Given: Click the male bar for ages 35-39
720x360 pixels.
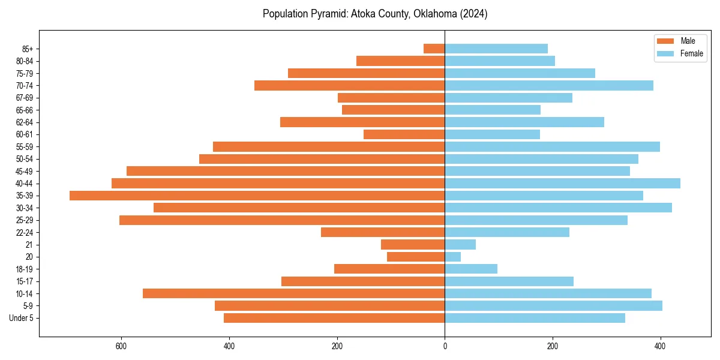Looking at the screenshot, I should (x=257, y=196).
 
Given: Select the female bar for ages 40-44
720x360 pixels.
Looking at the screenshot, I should (x=562, y=184).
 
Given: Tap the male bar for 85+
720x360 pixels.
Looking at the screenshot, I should (x=434, y=49).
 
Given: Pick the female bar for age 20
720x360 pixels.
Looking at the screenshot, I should (x=453, y=257).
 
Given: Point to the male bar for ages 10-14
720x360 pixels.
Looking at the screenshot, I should (x=294, y=293).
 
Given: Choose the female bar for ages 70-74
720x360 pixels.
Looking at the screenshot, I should (x=549, y=86).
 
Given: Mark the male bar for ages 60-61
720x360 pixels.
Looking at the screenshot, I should (x=404, y=134).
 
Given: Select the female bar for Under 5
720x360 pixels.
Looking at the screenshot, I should (x=535, y=318).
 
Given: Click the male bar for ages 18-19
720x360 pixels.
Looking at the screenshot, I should (x=389, y=269).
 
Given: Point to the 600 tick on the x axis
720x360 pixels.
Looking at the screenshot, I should (x=121, y=346).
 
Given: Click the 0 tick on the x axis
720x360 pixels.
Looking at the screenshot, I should (x=445, y=346).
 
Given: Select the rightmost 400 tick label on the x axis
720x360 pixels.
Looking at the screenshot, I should (x=661, y=346).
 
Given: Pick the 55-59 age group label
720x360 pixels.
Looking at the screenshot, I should (x=25, y=147).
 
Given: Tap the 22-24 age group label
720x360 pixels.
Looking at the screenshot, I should (x=25, y=233).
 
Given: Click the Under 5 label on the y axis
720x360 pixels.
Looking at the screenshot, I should (x=22, y=318).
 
